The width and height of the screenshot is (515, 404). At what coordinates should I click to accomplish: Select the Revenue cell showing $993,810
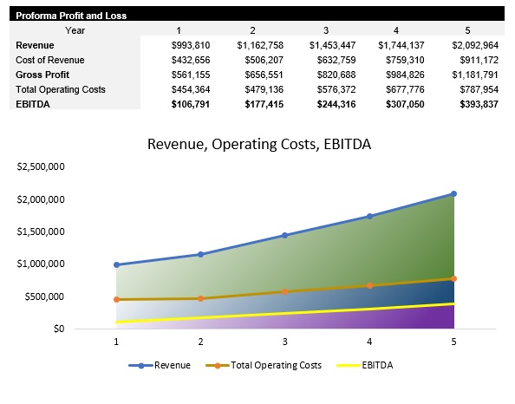[x=187, y=45]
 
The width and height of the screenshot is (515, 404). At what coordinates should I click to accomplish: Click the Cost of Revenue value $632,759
[x=331, y=60]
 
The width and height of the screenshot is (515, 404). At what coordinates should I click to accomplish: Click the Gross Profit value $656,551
[x=260, y=75]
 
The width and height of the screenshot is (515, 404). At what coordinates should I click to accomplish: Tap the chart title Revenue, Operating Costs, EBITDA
[x=259, y=144]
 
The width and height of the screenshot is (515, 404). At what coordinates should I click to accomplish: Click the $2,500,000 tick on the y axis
[x=42, y=166]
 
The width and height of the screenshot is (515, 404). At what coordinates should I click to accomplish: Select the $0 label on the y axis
[x=60, y=329]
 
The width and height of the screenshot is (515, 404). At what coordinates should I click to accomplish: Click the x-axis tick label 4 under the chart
[x=369, y=342]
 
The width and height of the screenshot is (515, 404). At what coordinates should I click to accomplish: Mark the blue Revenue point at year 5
[x=453, y=194]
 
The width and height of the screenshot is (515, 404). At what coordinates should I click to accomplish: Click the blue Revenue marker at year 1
[x=116, y=264]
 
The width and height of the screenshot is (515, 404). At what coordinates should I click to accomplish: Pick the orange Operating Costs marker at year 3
[x=285, y=291]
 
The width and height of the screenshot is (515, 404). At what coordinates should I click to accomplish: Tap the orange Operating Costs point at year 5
[x=453, y=278]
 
